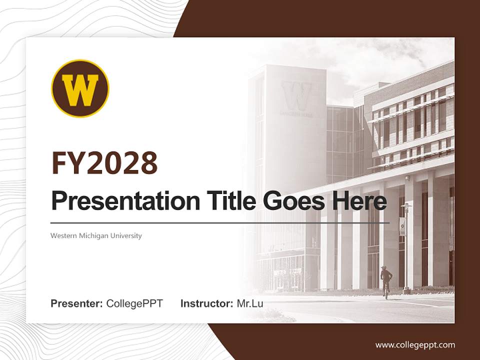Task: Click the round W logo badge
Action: [80, 88]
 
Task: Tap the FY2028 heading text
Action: [104, 163]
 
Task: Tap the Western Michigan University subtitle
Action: [96, 235]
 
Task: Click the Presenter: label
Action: [77, 303]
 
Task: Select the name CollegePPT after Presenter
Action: [134, 303]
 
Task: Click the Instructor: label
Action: [206, 303]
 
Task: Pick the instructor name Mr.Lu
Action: [250, 303]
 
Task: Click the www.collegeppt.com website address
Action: [415, 344]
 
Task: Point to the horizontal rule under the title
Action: [220, 222]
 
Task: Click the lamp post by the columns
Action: [407, 250]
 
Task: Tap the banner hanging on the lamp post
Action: [402, 226]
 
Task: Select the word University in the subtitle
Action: [126, 235]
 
